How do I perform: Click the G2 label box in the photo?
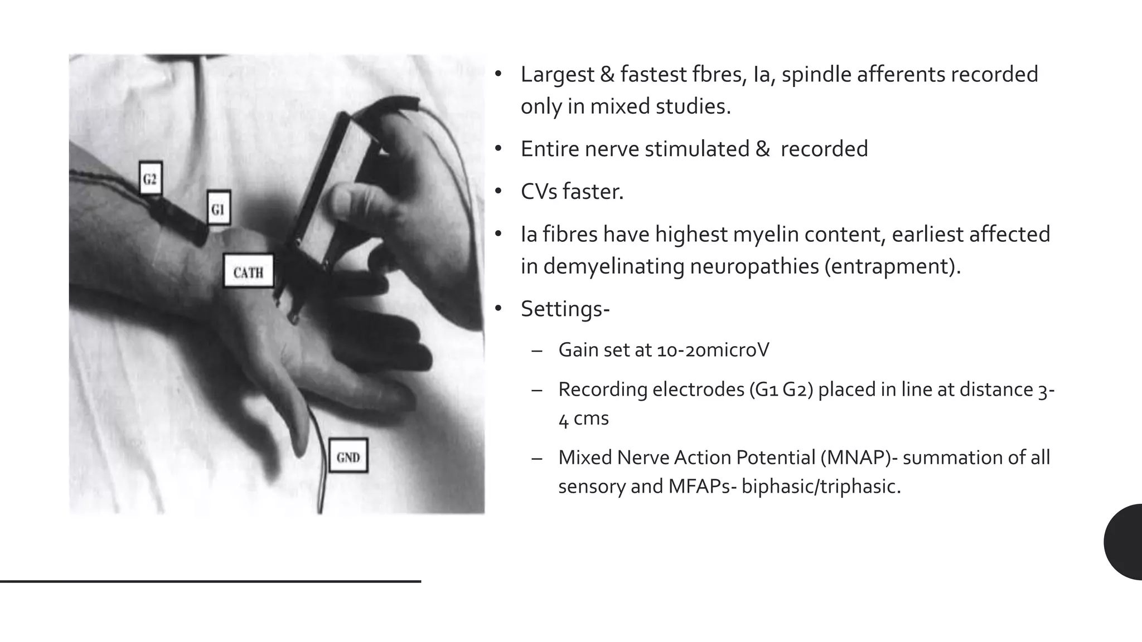point(150,179)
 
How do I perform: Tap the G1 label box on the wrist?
point(218,208)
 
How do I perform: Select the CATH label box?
point(248,271)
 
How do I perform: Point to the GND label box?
point(348,456)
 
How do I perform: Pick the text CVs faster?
point(572,192)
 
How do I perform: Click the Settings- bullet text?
point(565,309)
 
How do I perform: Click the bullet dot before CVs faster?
point(499,192)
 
